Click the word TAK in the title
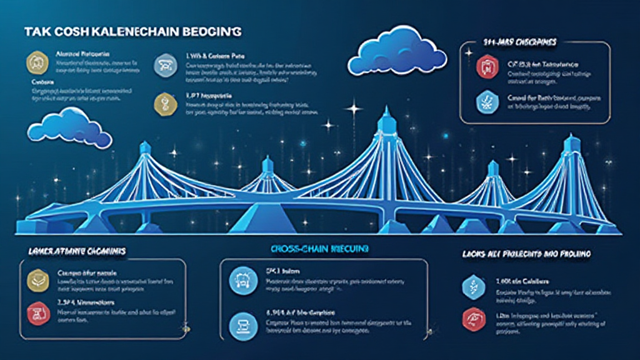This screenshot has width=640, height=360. (35, 31)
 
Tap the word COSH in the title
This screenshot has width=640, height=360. (68, 31)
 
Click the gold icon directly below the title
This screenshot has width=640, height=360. (35, 62)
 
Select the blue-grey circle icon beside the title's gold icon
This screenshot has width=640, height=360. (164, 63)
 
